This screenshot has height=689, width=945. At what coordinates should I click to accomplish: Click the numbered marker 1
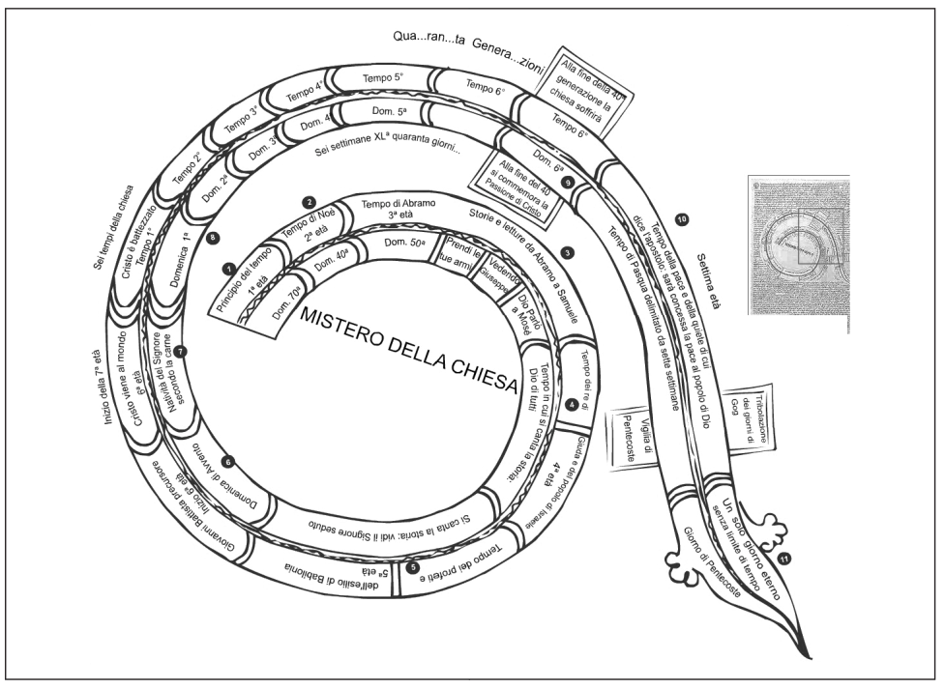click(229, 267)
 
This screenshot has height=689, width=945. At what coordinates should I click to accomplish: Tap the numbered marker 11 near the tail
click(784, 558)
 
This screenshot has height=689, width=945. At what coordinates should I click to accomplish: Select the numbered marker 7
click(180, 352)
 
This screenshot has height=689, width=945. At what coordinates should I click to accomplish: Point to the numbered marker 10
click(682, 219)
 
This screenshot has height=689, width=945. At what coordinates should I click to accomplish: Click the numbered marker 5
click(414, 567)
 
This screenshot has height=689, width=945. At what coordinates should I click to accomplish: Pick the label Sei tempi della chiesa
click(107, 215)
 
